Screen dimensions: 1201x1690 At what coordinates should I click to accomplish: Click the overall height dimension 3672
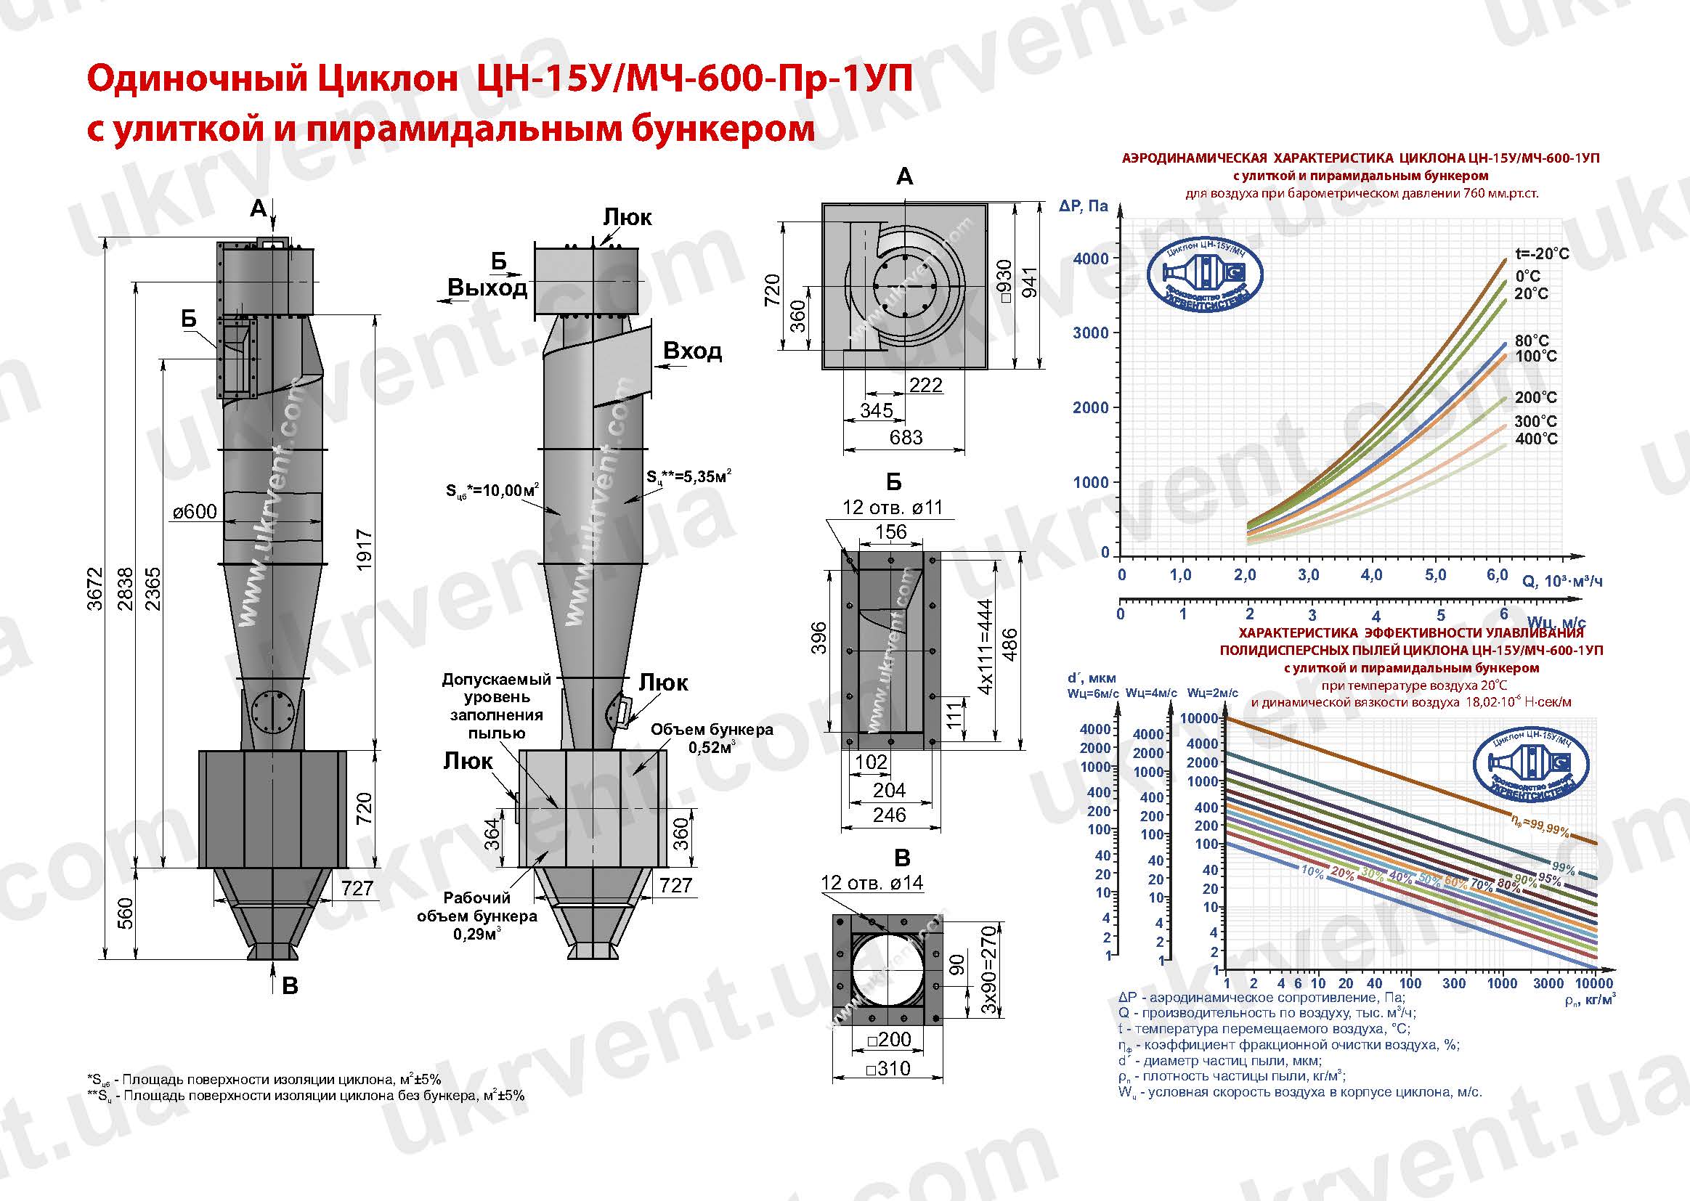point(94,588)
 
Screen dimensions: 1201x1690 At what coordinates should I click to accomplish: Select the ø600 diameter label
point(195,511)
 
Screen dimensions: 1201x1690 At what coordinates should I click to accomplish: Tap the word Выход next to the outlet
point(487,288)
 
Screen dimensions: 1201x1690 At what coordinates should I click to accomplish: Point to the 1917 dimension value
point(363,549)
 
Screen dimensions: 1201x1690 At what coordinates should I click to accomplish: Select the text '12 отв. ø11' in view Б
point(892,508)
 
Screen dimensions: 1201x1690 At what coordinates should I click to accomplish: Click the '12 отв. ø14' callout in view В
point(872,882)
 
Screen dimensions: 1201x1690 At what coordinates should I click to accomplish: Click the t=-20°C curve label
point(1542,253)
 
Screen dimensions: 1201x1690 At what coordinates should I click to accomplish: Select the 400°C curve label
point(1536,439)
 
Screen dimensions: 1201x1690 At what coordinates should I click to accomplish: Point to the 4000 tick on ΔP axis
point(1091,258)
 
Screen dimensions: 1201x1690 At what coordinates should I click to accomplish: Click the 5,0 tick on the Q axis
point(1435,574)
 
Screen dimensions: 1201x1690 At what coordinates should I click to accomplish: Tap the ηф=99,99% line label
point(1539,829)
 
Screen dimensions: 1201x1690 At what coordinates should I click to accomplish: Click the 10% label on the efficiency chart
point(1312,872)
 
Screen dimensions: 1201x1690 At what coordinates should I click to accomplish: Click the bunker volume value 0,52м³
point(712,748)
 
